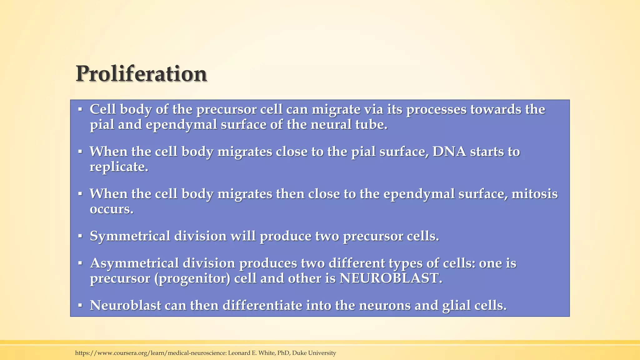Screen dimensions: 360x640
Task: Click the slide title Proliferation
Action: point(141,74)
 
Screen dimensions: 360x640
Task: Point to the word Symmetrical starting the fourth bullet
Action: point(130,236)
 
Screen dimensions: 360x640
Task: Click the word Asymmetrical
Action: point(134,263)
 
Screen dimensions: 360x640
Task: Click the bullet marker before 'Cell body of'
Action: point(80,110)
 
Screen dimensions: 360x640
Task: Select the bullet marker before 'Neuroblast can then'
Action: point(80,306)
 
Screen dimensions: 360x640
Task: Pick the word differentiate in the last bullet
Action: point(262,305)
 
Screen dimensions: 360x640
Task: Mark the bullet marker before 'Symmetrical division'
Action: point(80,236)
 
